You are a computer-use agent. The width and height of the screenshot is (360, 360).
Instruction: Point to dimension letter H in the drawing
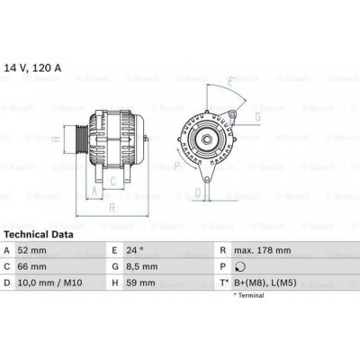[x=56, y=139]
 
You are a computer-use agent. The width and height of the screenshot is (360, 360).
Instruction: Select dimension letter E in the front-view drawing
[x=230, y=83]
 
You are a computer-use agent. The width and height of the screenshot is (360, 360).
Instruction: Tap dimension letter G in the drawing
[x=258, y=117]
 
